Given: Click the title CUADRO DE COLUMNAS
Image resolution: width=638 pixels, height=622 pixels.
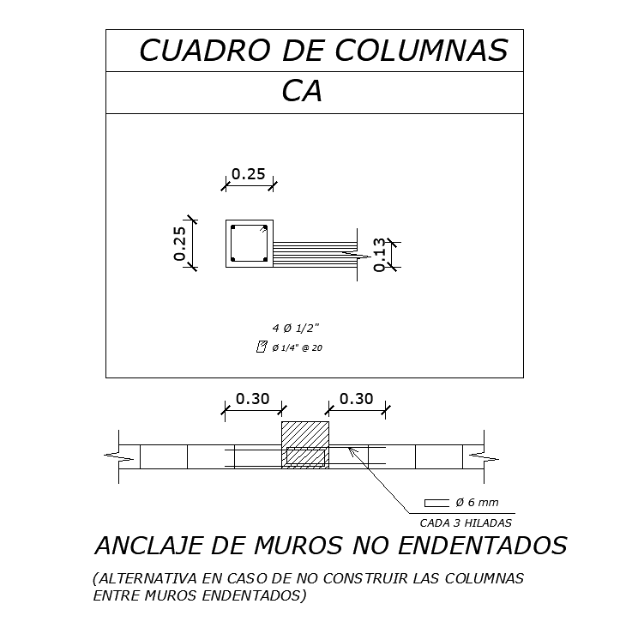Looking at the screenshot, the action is (x=322, y=51).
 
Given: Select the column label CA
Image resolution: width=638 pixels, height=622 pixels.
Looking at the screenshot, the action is (x=302, y=92).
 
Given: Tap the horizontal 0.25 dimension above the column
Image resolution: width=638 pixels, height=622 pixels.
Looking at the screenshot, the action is (x=250, y=173).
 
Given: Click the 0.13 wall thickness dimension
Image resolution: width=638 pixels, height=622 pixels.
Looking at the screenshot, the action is (x=381, y=255).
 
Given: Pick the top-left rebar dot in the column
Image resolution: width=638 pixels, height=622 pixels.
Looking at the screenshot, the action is (x=233, y=227).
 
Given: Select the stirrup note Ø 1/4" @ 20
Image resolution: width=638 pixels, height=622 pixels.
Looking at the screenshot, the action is (x=297, y=347).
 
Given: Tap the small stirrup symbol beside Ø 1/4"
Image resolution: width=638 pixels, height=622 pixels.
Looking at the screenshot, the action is (x=262, y=347).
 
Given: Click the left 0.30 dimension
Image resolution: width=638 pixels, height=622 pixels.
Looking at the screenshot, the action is (x=252, y=399).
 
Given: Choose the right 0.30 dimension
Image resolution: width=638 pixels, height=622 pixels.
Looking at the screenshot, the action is (x=356, y=399).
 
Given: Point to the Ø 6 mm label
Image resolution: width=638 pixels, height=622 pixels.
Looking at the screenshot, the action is (x=477, y=502).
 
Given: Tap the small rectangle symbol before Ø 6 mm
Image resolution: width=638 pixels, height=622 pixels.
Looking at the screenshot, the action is (x=436, y=502).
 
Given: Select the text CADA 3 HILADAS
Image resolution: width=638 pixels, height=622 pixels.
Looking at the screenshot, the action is (x=466, y=522).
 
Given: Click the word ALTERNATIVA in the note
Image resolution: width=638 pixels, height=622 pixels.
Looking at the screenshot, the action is (x=143, y=578).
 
